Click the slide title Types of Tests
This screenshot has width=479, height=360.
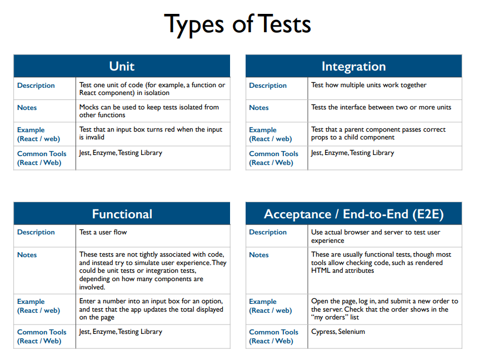(237, 24)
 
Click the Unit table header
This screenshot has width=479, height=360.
(122, 66)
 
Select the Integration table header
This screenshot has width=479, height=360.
(353, 67)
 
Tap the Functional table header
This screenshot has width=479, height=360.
(122, 214)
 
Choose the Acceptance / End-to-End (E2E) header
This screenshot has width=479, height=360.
(353, 214)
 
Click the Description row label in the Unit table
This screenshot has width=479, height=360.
(36, 86)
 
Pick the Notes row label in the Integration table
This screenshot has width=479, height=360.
(259, 108)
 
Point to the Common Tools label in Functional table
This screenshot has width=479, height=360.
(41, 336)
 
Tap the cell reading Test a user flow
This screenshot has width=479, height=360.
(103, 232)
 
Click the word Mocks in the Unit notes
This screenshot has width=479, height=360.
(90, 107)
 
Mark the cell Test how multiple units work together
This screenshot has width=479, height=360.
(368, 85)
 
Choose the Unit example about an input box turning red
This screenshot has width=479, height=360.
(150, 133)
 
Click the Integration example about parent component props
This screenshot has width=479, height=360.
(378, 133)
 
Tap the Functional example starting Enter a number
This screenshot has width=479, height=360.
(151, 309)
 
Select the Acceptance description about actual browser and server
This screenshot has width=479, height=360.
(376, 236)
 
